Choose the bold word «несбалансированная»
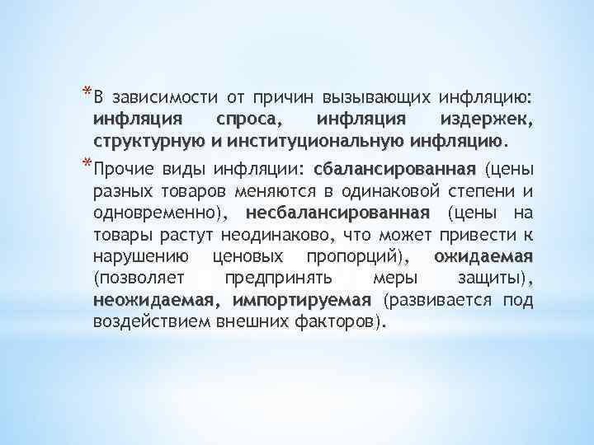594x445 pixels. (x=345, y=213)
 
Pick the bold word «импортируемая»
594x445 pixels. (x=303, y=298)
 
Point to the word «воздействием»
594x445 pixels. (x=141, y=320)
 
